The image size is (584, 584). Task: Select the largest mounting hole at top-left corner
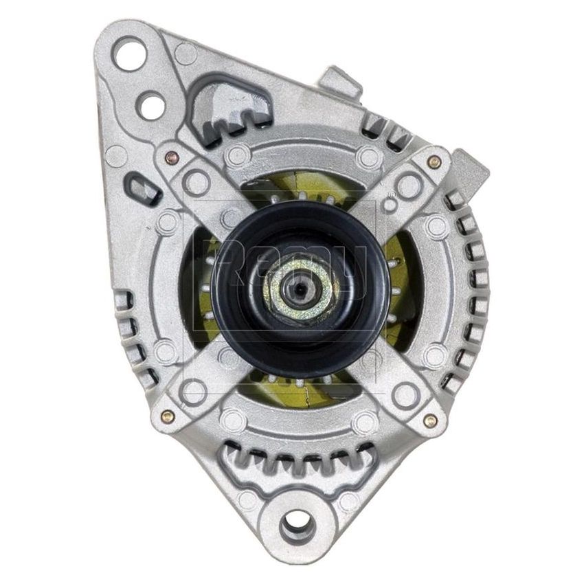[x=130, y=54]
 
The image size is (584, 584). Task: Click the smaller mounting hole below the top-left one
[x=151, y=105]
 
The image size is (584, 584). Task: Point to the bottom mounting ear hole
[x=298, y=526]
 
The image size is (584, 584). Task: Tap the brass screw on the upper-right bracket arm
[x=434, y=162]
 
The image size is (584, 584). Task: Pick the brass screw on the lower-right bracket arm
[x=430, y=421]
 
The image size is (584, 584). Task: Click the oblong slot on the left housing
[x=142, y=188]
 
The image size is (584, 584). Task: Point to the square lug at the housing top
[x=340, y=82]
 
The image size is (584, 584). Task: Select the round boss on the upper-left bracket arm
[x=196, y=183]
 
